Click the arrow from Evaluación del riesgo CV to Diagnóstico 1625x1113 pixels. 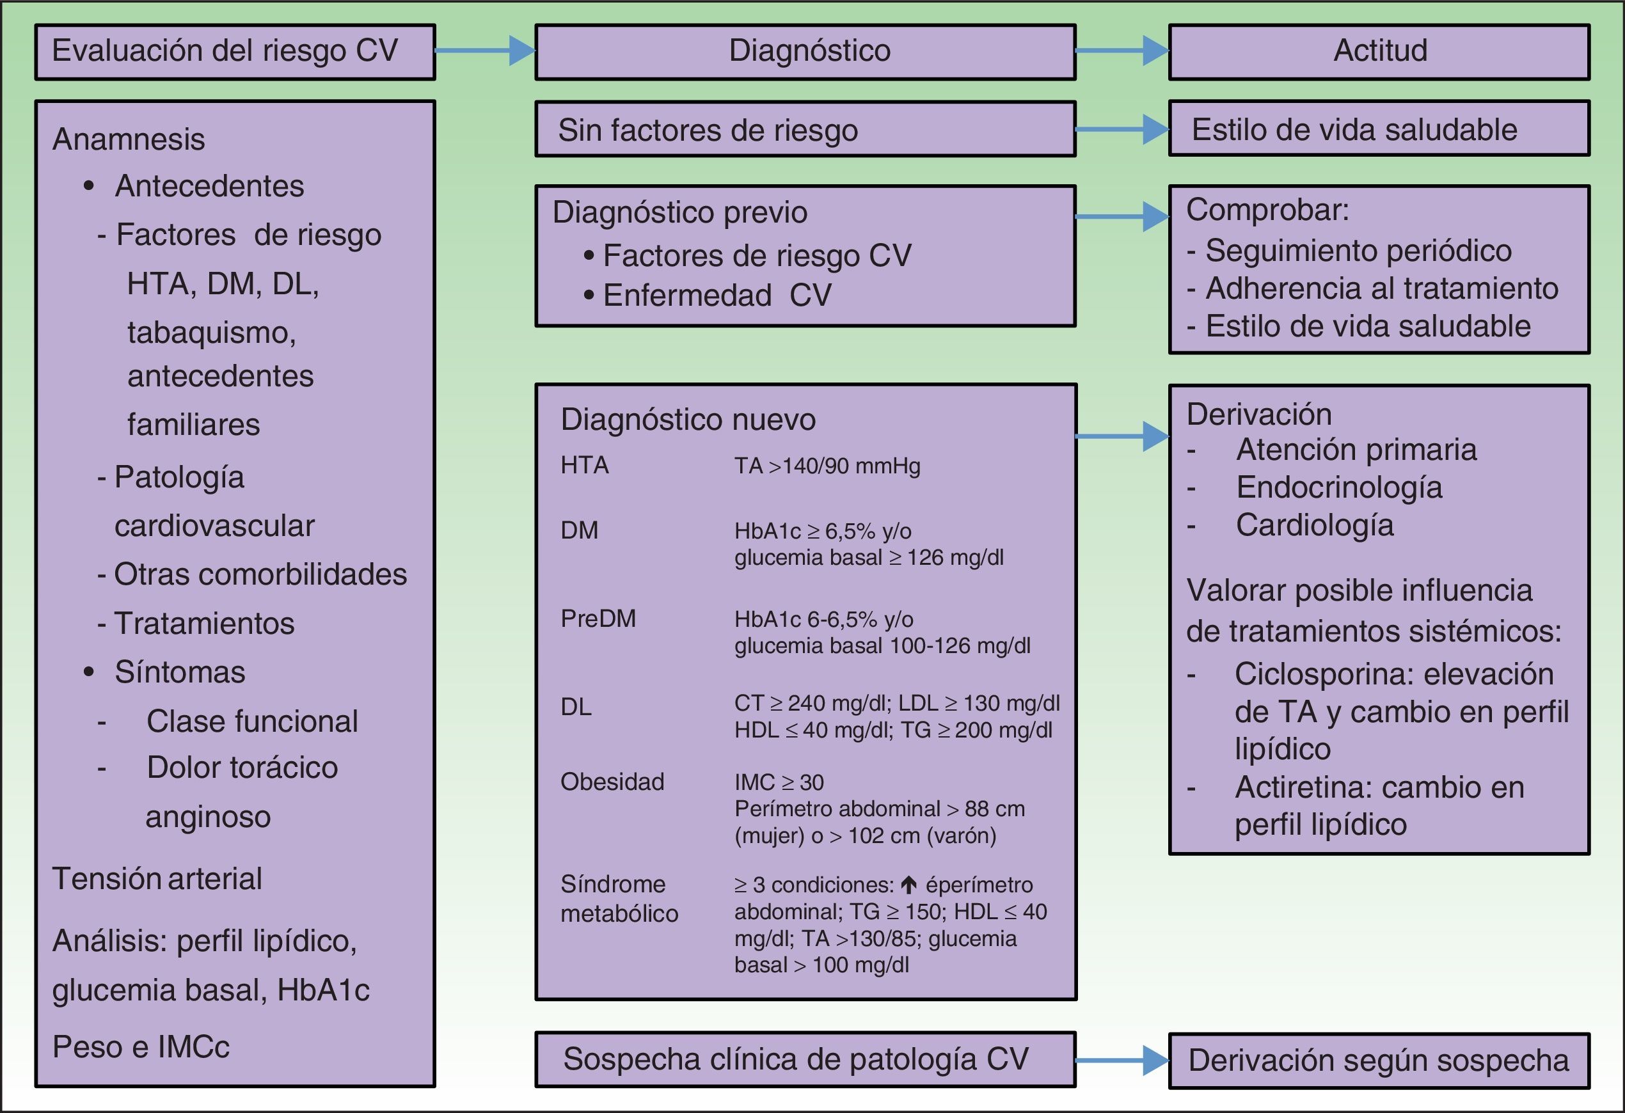[x=484, y=51]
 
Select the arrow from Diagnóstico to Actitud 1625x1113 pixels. [x=1122, y=51]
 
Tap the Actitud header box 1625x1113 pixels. [x=1379, y=52]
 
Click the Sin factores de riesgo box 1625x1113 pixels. [x=805, y=129]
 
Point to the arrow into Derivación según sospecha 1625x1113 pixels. [x=1122, y=1060]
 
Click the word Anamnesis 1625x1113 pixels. [x=129, y=139]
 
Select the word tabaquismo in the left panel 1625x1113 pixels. [x=211, y=333]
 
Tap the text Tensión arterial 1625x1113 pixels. [x=157, y=879]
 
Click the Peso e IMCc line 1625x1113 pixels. [x=141, y=1046]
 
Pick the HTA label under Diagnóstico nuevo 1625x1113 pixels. [x=585, y=465]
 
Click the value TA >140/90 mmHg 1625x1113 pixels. [x=827, y=466]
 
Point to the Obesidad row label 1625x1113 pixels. [x=612, y=782]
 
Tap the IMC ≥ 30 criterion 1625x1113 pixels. [x=779, y=782]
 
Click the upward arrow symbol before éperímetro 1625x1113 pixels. [x=908, y=885]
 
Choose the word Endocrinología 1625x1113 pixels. [x=1339, y=487]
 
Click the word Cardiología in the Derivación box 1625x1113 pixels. [x=1315, y=525]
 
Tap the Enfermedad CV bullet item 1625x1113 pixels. [x=717, y=295]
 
